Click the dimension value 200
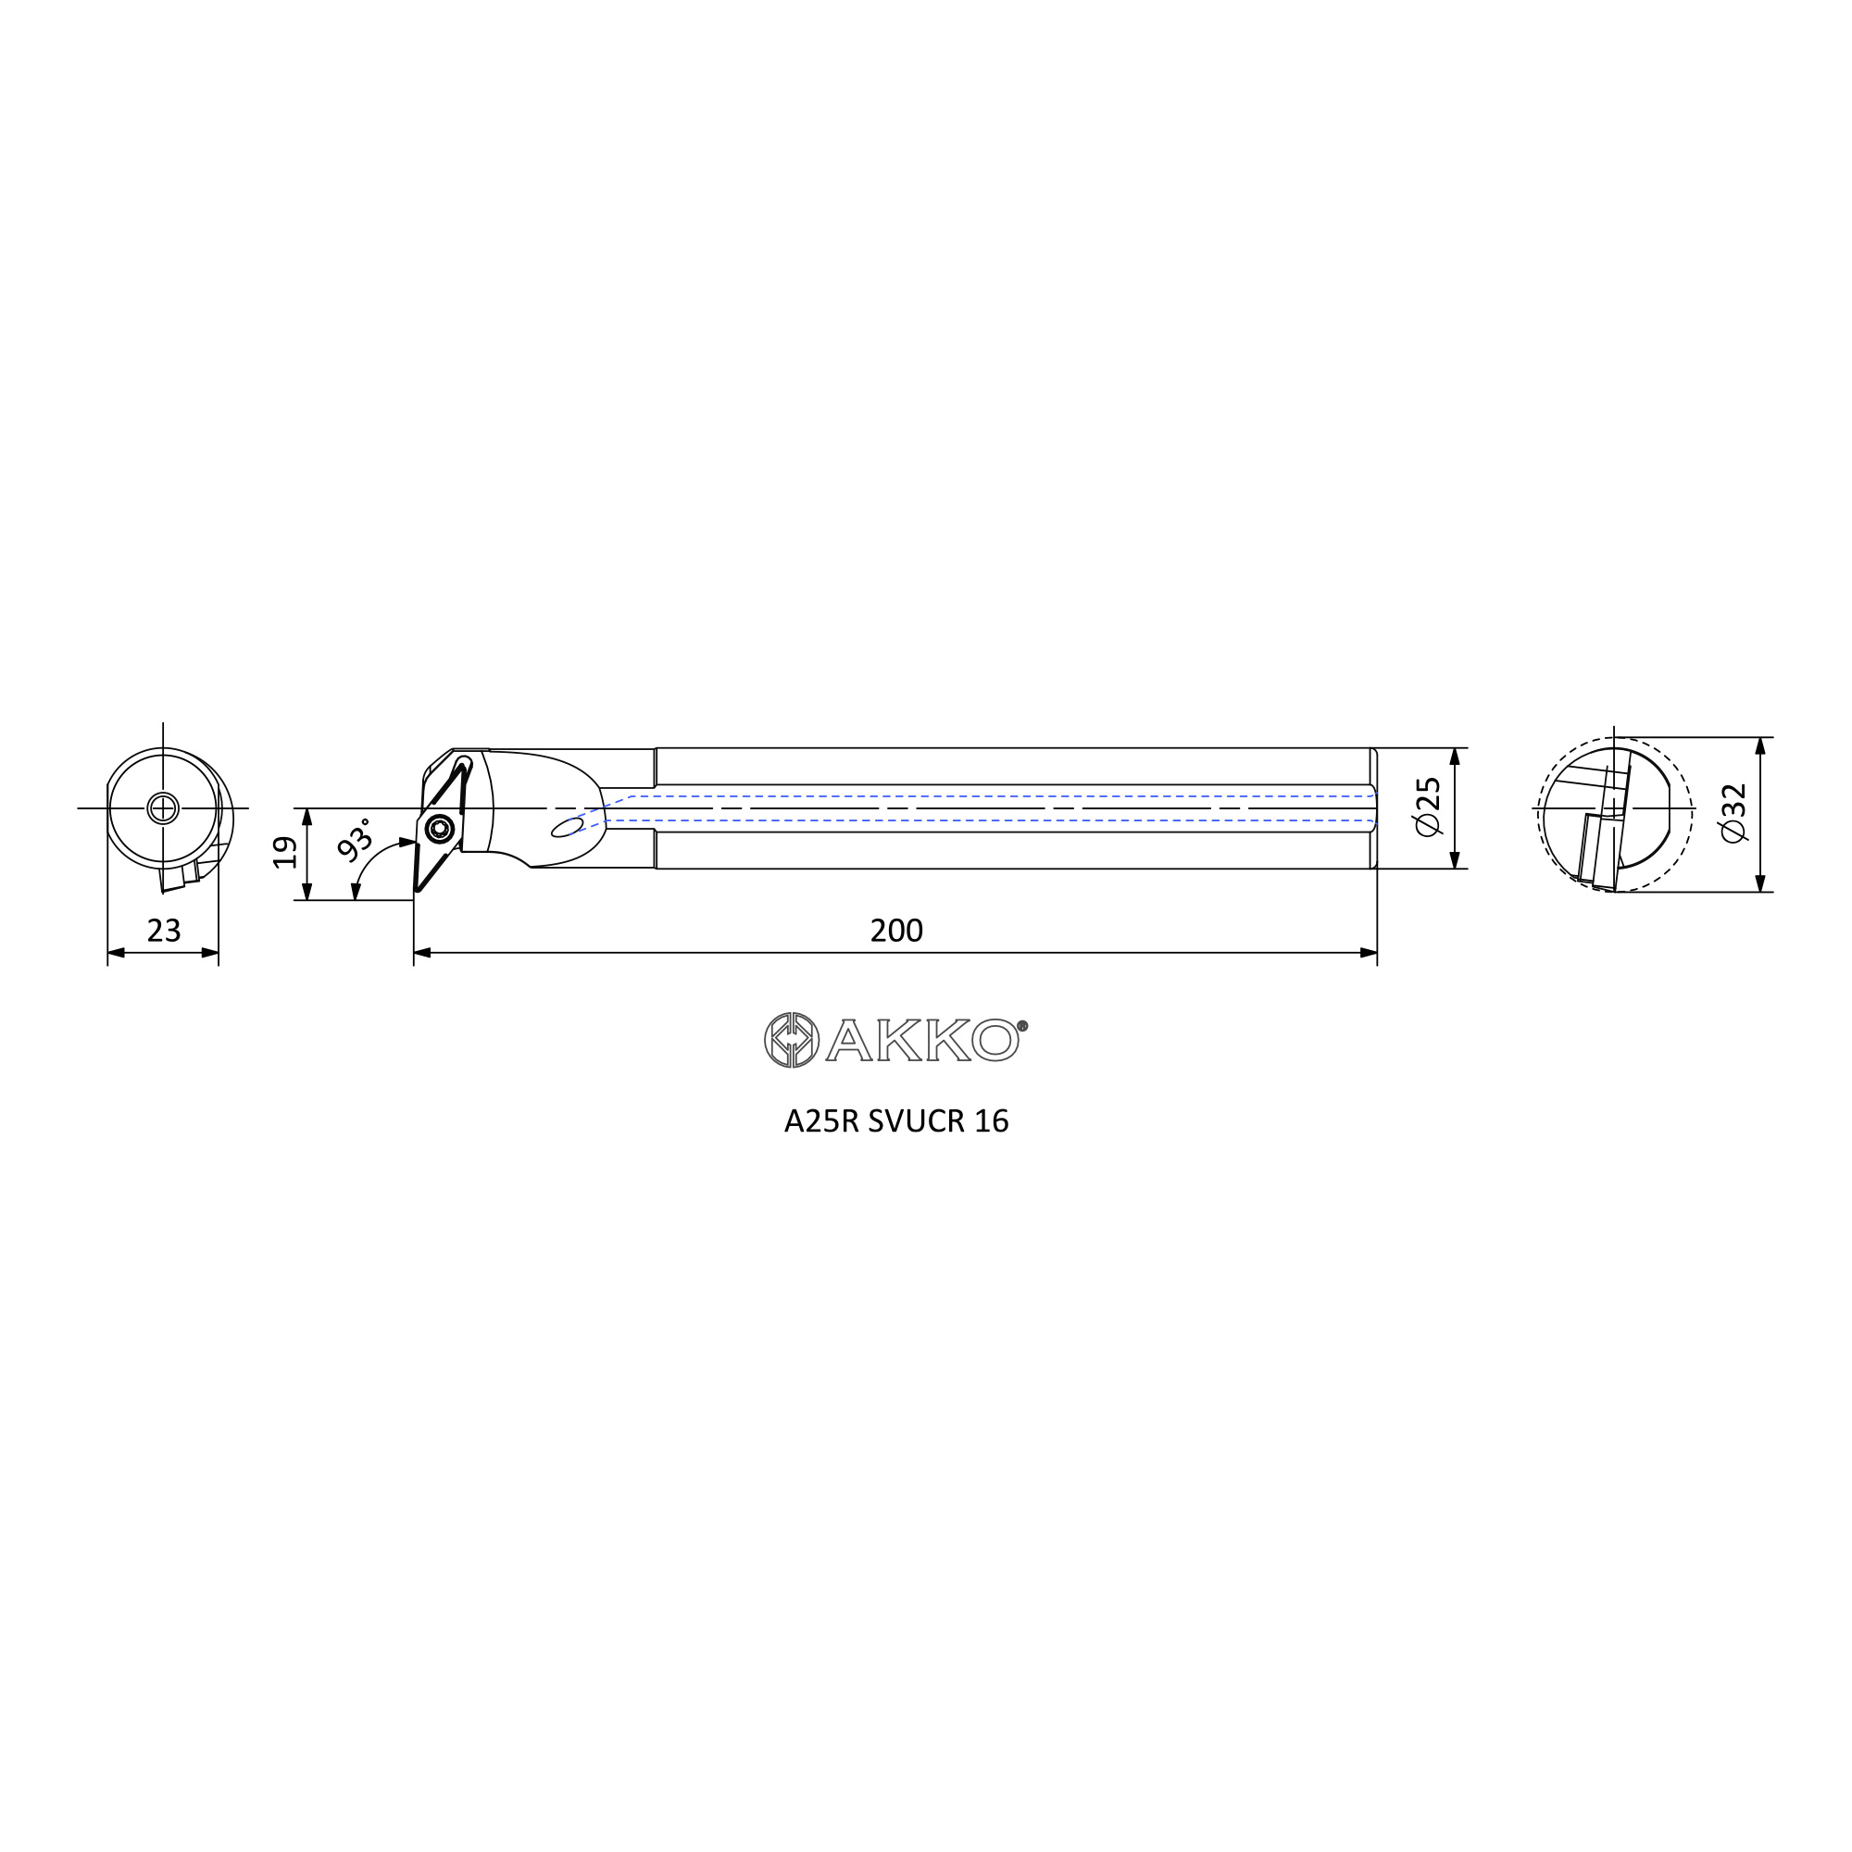(895, 931)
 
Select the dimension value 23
(164, 931)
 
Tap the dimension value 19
(284, 852)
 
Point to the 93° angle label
(356, 840)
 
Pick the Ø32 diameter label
(1733, 813)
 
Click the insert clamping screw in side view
(440, 827)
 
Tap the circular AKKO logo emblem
(791, 1040)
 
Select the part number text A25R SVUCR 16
(895, 1121)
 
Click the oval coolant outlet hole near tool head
(567, 826)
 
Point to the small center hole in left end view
(163, 808)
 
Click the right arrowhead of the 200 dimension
(1369, 953)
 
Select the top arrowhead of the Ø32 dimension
(1760, 745)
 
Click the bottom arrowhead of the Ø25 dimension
(1454, 860)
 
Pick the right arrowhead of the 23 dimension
(210, 953)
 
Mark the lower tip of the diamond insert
(418, 891)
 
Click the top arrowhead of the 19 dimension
(307, 817)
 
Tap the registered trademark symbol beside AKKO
(1022, 1026)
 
